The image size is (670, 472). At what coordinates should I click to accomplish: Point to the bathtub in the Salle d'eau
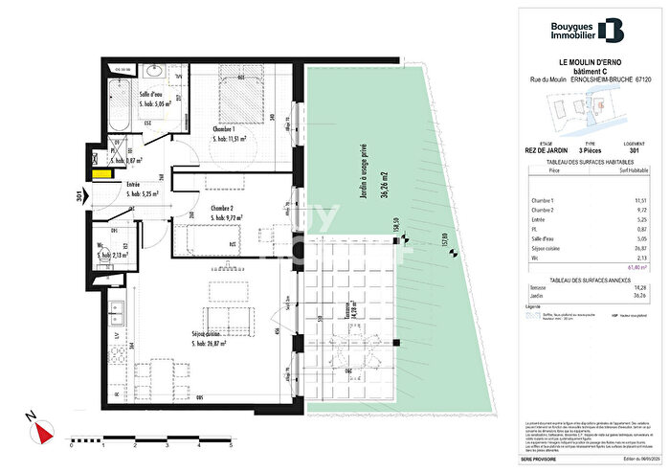119,105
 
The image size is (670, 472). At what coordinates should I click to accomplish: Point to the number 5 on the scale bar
233,446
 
